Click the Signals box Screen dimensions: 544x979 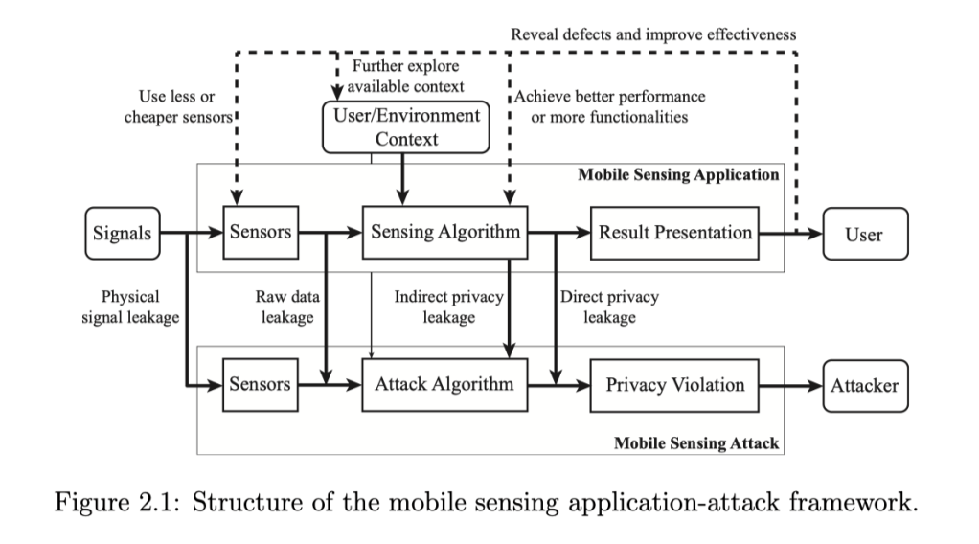coord(122,233)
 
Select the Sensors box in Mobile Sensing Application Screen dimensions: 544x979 coord(260,233)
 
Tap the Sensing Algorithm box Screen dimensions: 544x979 coord(445,233)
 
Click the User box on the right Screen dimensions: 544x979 coord(864,234)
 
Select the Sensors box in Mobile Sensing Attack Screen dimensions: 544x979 coord(260,385)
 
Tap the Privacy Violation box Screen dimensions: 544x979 coord(675,385)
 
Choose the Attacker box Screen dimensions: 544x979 coord(864,386)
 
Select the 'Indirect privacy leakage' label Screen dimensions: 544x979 coord(449,306)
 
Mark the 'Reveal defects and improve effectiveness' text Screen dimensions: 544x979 coord(654,34)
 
